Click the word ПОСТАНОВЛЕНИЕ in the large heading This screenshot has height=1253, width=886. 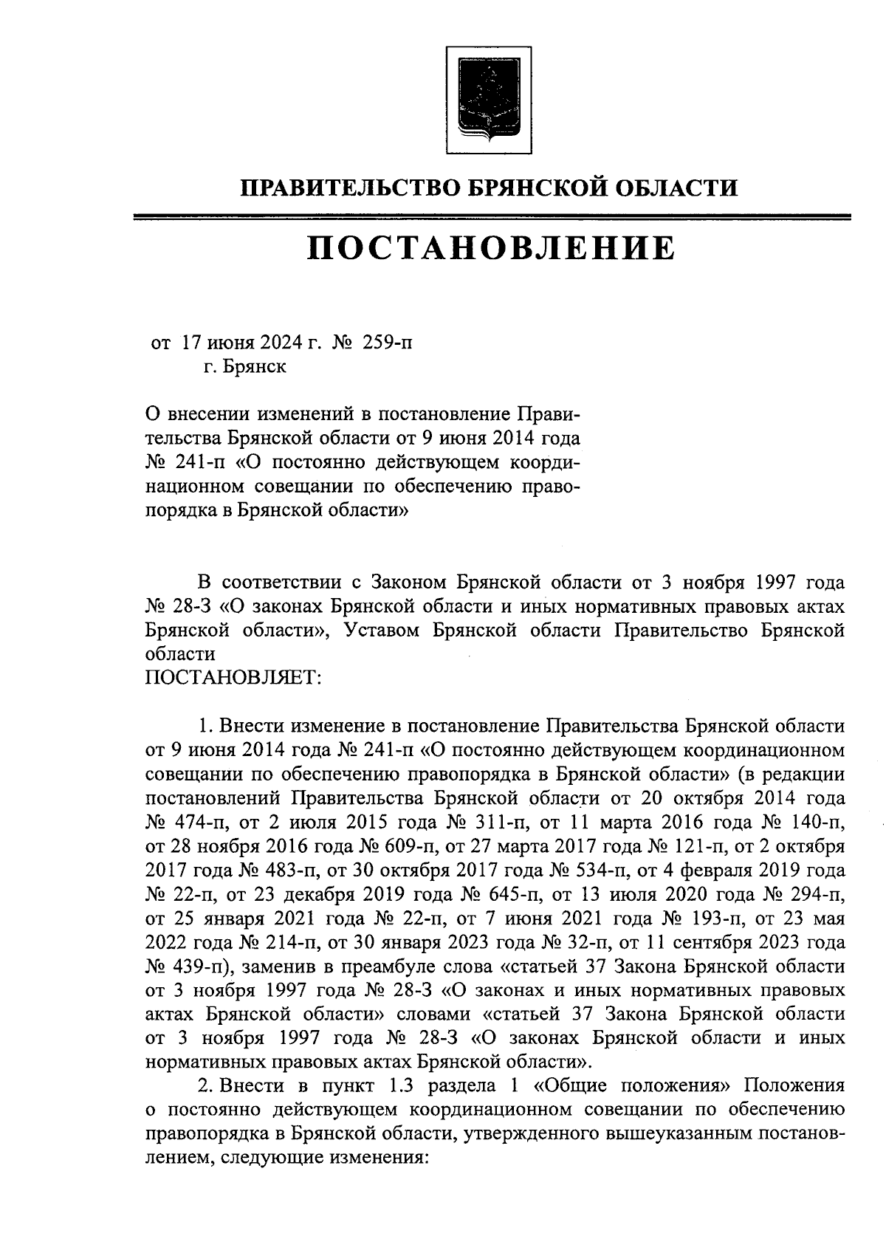491,249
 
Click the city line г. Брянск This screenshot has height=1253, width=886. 245,367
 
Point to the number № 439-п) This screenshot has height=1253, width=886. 191,967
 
